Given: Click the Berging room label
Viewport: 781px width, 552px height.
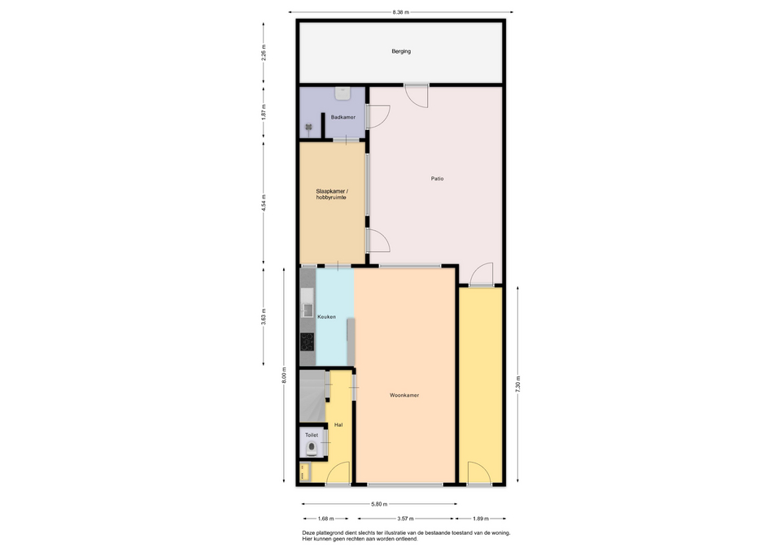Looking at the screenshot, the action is (x=401, y=51).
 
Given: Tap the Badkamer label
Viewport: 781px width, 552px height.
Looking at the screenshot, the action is (x=343, y=117).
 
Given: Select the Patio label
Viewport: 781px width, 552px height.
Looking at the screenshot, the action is (x=438, y=179).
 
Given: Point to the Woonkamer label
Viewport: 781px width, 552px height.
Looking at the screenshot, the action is (x=404, y=395).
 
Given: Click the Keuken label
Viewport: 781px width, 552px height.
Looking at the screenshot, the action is (x=327, y=316).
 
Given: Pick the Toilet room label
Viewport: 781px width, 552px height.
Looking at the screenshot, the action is (x=312, y=435).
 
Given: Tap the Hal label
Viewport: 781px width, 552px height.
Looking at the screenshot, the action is (x=338, y=425).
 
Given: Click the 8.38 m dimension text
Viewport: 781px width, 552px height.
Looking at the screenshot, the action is (x=400, y=12).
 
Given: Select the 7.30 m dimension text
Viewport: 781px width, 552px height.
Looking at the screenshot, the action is (x=518, y=385).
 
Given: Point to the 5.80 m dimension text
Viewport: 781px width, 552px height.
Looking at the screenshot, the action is (x=379, y=504).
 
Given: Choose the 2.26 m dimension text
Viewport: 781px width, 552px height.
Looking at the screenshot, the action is (x=264, y=52).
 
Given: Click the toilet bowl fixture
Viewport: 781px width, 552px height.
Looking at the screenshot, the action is (x=312, y=449).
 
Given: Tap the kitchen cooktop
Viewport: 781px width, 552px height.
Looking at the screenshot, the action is (x=308, y=342).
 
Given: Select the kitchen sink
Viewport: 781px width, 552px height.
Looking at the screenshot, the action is (x=307, y=303).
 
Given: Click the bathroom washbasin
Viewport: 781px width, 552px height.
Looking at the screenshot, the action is (x=343, y=93).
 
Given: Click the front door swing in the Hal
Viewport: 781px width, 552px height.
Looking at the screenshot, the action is (x=338, y=472).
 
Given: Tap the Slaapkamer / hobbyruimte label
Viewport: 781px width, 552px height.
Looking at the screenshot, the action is (x=332, y=194).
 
